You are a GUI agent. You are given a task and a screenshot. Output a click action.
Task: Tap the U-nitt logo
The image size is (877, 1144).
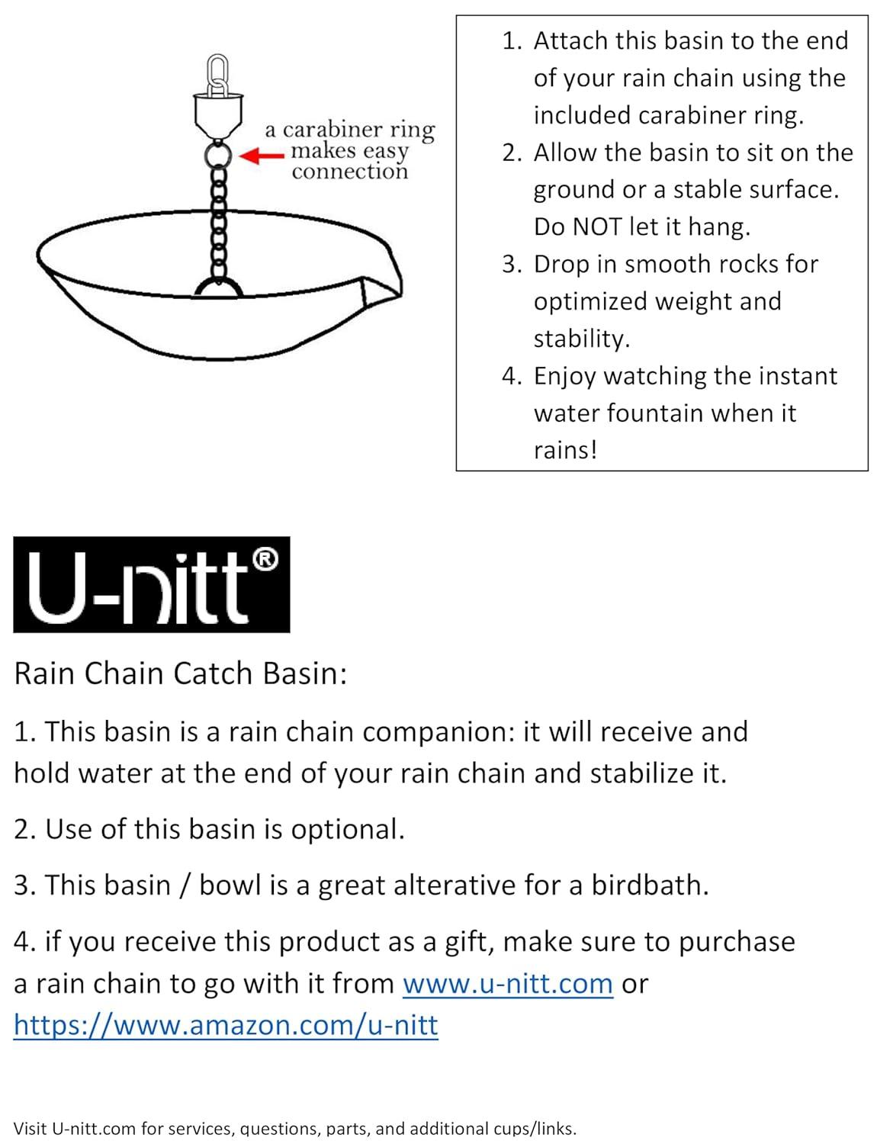(x=151, y=584)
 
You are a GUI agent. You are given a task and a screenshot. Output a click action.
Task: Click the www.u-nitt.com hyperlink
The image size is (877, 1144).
(x=507, y=984)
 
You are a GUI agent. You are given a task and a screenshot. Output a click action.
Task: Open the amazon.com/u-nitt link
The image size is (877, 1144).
(x=226, y=1025)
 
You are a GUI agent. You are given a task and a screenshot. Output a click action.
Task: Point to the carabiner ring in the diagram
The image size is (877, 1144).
(x=217, y=156)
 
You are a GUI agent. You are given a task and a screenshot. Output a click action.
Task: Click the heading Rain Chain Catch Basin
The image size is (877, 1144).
(x=181, y=673)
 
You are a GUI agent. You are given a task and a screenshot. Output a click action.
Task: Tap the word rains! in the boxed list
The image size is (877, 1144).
(x=565, y=449)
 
